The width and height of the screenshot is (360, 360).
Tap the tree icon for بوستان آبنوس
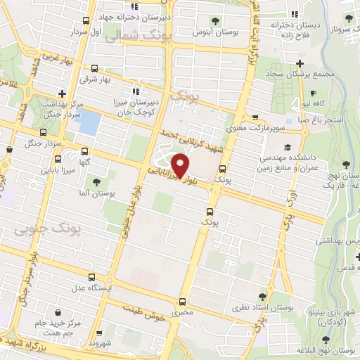pyautogui.click(x=214, y=20)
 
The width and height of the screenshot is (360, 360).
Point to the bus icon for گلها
pyautogui.click(x=84, y=150)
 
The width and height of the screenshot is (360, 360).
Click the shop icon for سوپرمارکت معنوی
pyautogui.click(x=255, y=118)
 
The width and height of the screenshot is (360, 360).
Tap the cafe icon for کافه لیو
pyautogui.click(x=313, y=92)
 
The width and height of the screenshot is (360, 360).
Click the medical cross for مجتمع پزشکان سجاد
pyautogui.click(x=300, y=63)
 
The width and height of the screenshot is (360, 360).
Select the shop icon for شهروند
pyautogui.click(x=98, y=334)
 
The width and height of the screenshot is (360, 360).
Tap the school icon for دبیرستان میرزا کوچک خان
pyautogui.click(x=136, y=91)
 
